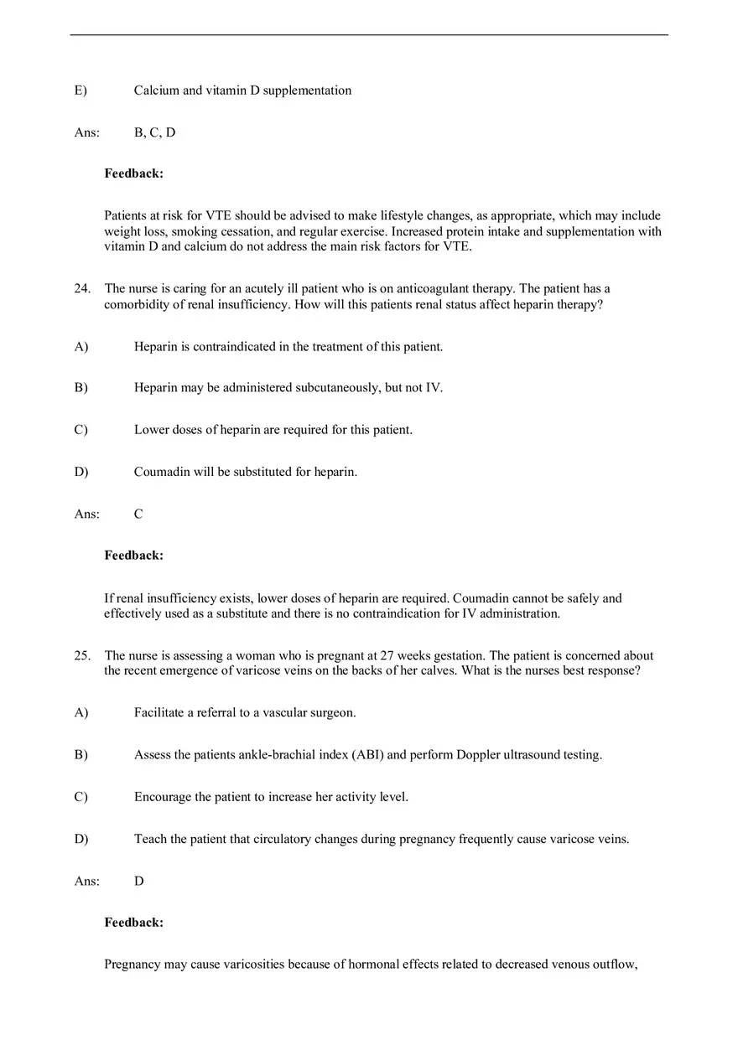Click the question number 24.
coord(81,288)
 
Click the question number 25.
coord(81,655)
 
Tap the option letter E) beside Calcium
coord(81,91)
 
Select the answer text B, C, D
coord(154,132)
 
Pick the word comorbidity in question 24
coord(138,304)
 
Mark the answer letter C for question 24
coord(138,514)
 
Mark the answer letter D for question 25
coord(138,881)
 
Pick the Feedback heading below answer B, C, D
coord(133,173)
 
